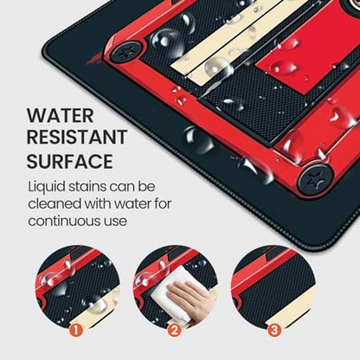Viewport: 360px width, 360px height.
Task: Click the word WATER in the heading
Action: click(x=61, y=116)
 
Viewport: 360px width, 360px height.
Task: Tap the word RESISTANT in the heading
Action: click(x=77, y=137)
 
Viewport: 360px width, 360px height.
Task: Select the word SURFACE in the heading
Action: click(x=70, y=161)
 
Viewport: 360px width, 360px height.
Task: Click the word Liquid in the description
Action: click(x=47, y=187)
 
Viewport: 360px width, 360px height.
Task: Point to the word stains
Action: click(x=87, y=187)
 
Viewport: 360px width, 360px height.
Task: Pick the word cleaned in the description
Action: click(x=55, y=204)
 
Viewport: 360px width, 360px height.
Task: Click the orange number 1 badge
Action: click(x=76, y=331)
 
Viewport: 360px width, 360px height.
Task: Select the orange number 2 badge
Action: click(x=174, y=331)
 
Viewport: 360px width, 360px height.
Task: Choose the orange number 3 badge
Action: click(x=273, y=331)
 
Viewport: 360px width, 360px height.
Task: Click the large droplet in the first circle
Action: click(x=56, y=280)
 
